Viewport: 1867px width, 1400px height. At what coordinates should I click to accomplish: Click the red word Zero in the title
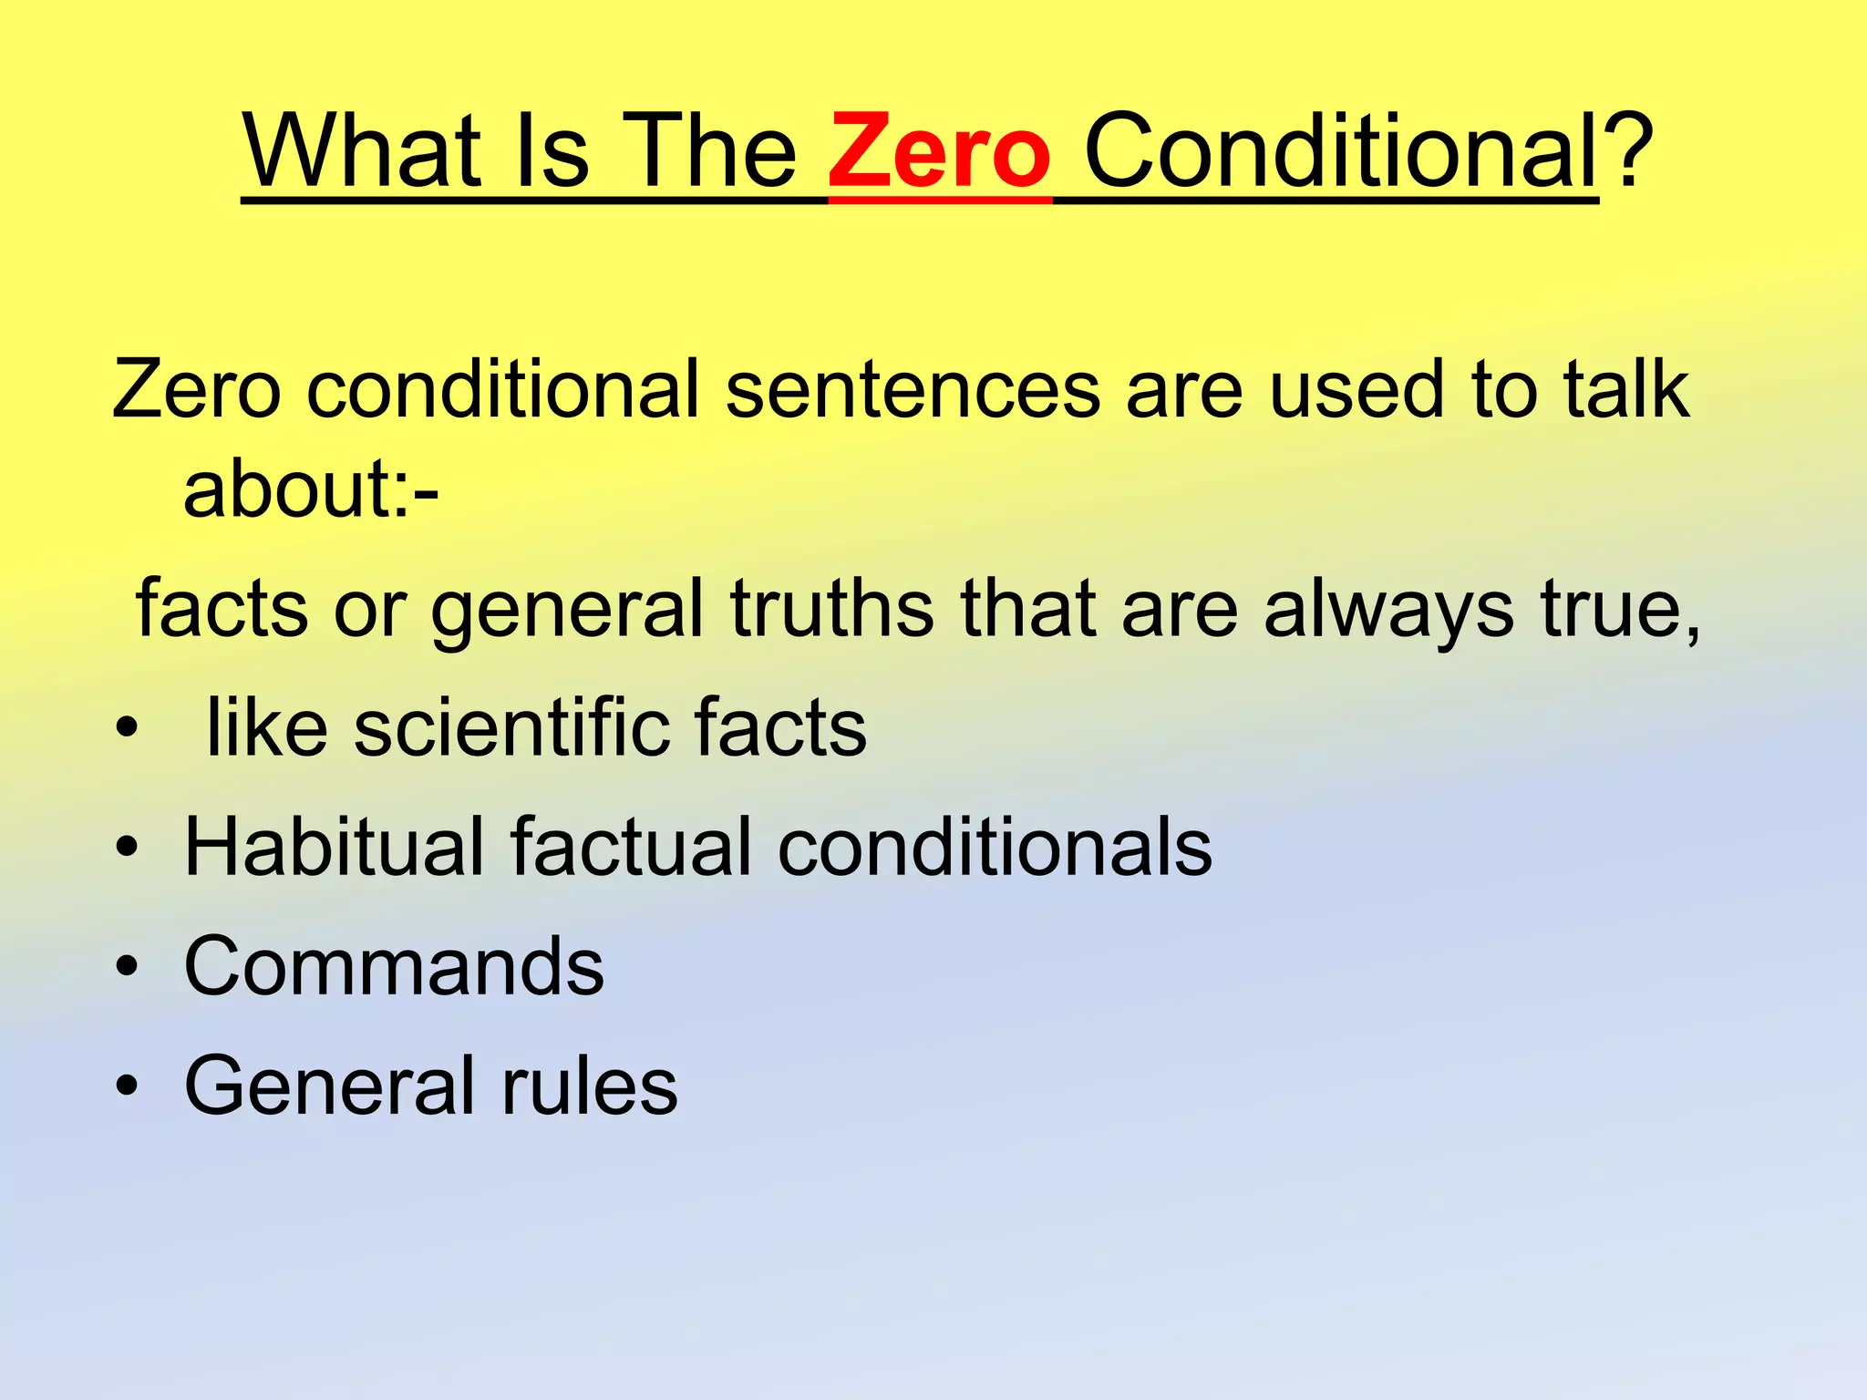click(x=939, y=150)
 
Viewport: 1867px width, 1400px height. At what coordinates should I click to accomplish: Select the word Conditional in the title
click(x=1340, y=150)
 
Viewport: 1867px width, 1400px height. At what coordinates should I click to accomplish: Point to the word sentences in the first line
click(x=913, y=390)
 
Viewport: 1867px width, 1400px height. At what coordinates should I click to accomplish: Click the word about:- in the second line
click(x=311, y=489)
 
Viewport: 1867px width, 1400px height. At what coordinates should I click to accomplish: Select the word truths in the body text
click(x=831, y=609)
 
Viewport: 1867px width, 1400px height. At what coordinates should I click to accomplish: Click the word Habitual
click(x=334, y=847)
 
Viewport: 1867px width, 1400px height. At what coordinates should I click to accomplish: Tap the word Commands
click(x=394, y=966)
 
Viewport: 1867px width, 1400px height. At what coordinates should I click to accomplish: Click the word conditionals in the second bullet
click(x=995, y=847)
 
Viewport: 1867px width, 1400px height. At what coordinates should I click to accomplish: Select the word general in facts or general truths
click(x=567, y=609)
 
